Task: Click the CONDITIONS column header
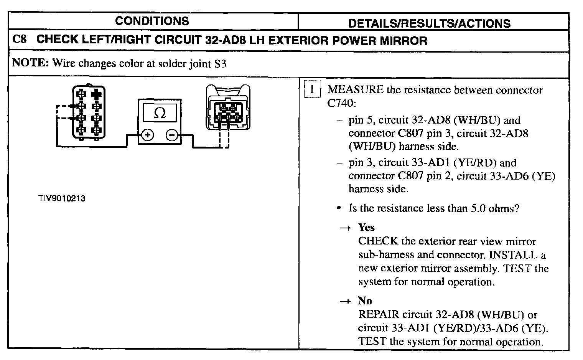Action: point(152,21)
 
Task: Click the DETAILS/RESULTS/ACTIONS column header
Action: point(429,23)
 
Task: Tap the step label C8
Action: point(19,40)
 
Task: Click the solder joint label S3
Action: point(219,63)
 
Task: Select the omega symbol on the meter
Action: point(160,113)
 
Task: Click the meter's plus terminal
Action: point(148,135)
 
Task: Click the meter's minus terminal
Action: point(172,135)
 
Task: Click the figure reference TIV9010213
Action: point(61,198)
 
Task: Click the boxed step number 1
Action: point(312,90)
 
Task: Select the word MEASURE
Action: point(355,90)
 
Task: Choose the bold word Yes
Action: point(366,227)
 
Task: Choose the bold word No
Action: point(365,300)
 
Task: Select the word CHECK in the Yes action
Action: point(378,241)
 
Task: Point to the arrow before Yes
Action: point(345,228)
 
